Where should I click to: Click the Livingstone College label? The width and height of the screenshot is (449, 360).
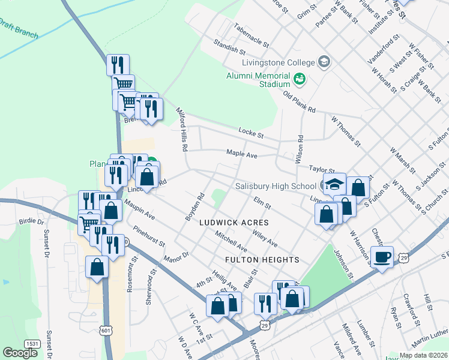278,62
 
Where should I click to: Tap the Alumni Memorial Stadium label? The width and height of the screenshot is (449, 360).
258,80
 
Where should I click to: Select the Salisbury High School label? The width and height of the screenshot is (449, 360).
276,186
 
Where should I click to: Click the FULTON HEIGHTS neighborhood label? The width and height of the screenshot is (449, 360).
262,260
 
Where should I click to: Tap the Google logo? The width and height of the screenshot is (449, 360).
20,353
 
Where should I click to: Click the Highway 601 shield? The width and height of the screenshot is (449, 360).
106,330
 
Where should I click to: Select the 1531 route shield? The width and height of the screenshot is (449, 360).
32,343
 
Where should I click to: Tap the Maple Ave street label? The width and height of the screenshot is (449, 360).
242,154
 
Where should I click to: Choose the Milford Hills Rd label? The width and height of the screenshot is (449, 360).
182,129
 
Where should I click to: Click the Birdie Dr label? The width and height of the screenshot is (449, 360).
32,221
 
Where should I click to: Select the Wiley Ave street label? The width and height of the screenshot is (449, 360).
265,239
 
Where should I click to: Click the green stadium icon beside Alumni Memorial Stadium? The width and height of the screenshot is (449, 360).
299,78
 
